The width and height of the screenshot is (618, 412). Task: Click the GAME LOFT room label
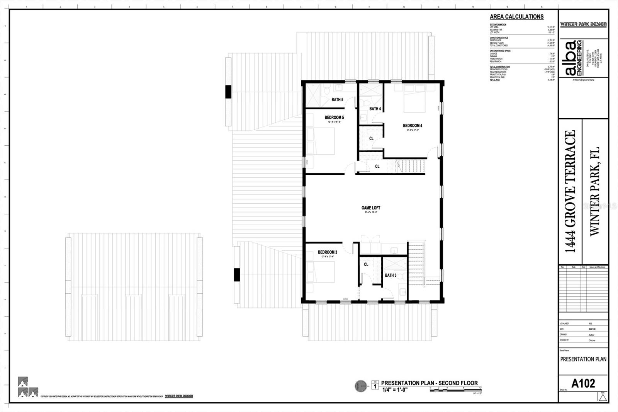[x=370, y=208]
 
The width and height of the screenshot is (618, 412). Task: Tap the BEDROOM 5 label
[x=334, y=117]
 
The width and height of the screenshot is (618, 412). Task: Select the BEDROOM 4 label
[x=412, y=126]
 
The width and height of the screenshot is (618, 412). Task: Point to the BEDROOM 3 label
[x=328, y=252]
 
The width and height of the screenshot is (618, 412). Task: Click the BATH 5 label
[x=337, y=100]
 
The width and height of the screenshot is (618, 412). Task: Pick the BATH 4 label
[x=375, y=109]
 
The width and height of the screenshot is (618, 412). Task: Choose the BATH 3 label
[x=390, y=275]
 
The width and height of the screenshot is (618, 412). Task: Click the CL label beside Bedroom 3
[x=366, y=264]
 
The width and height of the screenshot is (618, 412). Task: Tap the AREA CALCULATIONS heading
[x=516, y=17]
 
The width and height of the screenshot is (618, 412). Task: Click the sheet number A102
[x=583, y=383]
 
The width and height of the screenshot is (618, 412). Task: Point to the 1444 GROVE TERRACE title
[x=570, y=191]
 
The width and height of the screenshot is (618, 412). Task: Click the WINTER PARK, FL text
[x=594, y=191]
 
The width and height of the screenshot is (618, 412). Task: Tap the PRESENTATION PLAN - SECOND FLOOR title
[x=429, y=383]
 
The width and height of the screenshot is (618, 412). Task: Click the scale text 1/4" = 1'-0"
[x=395, y=390]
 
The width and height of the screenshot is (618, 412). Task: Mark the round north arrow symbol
[x=361, y=386]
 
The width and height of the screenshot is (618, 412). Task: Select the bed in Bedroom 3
[x=321, y=272]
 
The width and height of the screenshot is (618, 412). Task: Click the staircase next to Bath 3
[x=416, y=263]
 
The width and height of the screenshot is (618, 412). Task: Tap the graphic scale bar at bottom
[x=455, y=390]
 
